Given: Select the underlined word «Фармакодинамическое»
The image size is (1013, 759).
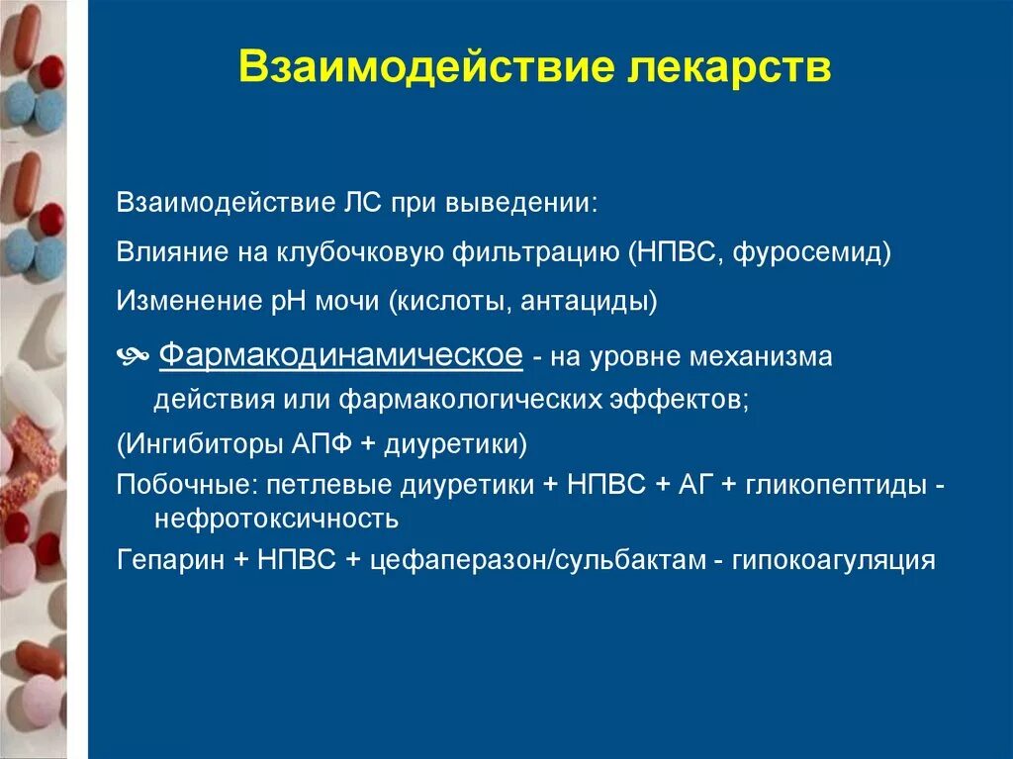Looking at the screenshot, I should click(340, 355).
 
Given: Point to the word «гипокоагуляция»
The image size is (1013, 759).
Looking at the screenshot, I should click(833, 559).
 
